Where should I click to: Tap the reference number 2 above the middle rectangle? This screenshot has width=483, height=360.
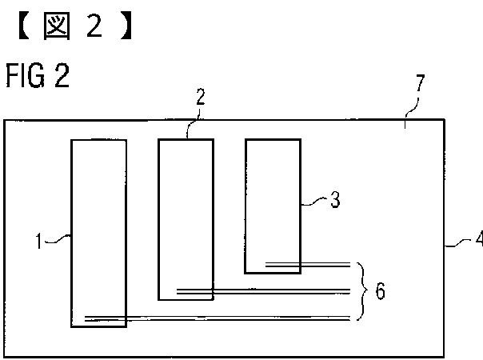pos(200,98)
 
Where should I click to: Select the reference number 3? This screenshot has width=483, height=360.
pos(335,200)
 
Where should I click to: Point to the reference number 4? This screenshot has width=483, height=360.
pos(477,239)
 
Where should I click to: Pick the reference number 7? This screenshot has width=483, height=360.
pos(421,83)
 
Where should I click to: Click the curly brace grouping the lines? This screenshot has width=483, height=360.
pos(361,291)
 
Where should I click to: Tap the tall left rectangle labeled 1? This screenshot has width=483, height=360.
pos(98,200)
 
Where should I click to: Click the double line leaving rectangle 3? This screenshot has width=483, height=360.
pos(308,263)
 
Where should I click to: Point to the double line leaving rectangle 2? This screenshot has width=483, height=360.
pos(264,291)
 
